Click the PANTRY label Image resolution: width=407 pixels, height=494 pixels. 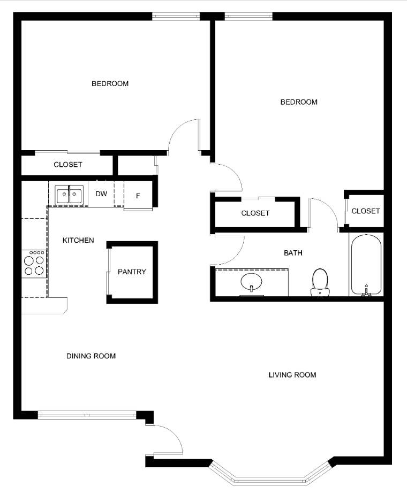coord(132,272)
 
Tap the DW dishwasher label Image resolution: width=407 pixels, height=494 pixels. coord(101,194)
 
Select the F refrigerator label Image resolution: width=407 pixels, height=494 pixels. coord(138,196)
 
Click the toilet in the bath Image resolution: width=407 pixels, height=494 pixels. coord(320,283)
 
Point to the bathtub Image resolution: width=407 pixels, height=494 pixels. coord(366,265)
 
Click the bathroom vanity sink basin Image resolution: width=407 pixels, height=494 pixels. coord(251,282)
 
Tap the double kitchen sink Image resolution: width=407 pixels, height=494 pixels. coord(69,195)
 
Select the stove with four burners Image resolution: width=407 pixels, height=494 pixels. coord(34,264)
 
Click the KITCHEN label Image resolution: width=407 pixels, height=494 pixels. coord(78,241)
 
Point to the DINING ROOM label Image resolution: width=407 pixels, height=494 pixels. coord(91,356)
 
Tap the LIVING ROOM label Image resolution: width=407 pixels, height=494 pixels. coord(292,375)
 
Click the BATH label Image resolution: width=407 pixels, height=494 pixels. coord(293,253)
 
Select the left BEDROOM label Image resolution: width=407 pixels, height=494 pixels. coord(110,84)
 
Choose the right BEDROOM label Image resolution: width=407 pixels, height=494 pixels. coord(299,102)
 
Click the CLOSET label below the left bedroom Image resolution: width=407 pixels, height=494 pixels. coord(68,165)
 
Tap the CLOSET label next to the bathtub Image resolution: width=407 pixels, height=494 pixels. coord(366,211)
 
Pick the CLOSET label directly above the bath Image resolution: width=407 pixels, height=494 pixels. coord(255,213)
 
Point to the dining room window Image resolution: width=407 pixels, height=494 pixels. coord(87,415)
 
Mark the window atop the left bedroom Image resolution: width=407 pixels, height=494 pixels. coord(176,17)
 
